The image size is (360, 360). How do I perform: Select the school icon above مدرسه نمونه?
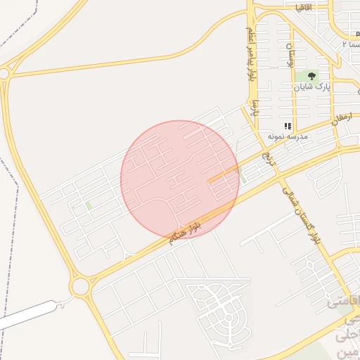(288, 126)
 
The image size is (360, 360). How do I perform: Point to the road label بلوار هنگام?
(185, 231)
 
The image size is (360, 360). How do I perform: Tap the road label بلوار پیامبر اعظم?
(250, 53)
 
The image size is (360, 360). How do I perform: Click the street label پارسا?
(257, 109)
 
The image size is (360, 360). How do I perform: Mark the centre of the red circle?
(180, 179)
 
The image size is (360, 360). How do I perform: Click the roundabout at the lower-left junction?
(80, 286)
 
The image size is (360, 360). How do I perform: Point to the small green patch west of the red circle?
(89, 206)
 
